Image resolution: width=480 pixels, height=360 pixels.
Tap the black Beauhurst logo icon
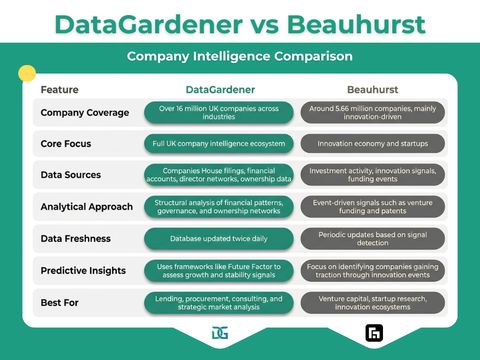coord(374,333)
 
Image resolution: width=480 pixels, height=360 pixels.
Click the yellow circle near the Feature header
coord(27,74)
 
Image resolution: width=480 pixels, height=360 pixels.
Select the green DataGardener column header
coord(220,90)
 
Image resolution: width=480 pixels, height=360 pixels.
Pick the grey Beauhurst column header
coord(373,90)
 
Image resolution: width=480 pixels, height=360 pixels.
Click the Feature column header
coord(60,90)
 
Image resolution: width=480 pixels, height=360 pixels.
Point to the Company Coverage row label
coord(85,112)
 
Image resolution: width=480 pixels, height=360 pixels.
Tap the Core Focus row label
coord(66,143)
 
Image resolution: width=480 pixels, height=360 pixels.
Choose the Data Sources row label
coord(71,175)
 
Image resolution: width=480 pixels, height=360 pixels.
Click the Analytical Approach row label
coord(87,207)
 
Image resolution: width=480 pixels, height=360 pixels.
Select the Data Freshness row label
coord(75,239)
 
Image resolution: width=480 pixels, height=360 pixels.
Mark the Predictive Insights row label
coord(83,270)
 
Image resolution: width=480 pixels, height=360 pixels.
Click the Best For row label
coord(60,302)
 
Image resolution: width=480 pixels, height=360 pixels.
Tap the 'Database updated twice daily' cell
coord(219,239)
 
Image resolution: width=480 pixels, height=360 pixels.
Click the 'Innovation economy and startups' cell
coord(373,143)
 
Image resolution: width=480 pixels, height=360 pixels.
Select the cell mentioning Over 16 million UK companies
coord(219,112)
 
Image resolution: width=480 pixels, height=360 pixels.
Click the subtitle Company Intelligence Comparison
coord(240,56)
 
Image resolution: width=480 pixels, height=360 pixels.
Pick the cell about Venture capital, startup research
coord(373,303)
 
